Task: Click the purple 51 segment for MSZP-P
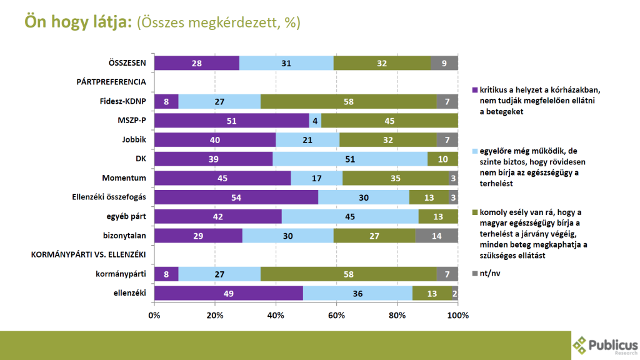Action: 232,121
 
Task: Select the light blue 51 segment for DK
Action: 350,159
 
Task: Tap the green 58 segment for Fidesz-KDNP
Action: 348,101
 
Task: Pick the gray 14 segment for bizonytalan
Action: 437,236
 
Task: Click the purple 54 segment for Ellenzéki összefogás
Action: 236,197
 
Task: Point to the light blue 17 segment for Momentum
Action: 317,178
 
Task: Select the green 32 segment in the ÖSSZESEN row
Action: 382,63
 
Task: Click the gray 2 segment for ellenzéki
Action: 455,293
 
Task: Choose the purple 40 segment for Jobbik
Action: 215,140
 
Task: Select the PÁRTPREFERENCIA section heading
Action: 111,82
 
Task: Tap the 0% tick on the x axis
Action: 154,315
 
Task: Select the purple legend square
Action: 474,90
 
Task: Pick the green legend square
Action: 474,212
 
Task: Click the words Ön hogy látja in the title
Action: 78,22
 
